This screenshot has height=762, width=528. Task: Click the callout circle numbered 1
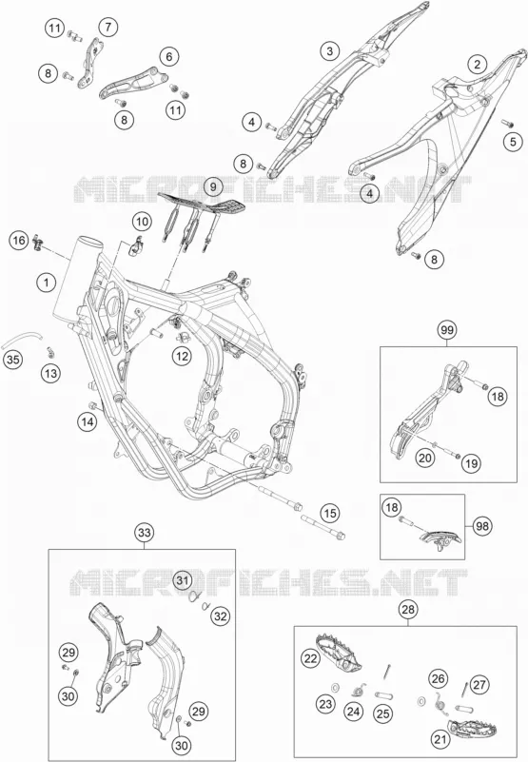(47, 283)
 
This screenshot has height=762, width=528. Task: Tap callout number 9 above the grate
(213, 186)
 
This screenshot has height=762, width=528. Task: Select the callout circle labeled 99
(447, 330)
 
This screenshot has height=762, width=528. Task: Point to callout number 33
(145, 533)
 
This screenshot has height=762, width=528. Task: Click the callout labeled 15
(330, 513)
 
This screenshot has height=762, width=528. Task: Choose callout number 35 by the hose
(14, 361)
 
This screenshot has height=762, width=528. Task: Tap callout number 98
(482, 526)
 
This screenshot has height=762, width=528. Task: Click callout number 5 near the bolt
(513, 142)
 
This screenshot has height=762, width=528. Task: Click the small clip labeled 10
(134, 244)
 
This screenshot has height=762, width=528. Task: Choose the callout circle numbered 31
(182, 579)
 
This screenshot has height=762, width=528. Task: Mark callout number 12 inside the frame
(182, 356)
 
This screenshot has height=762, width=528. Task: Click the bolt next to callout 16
(37, 243)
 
